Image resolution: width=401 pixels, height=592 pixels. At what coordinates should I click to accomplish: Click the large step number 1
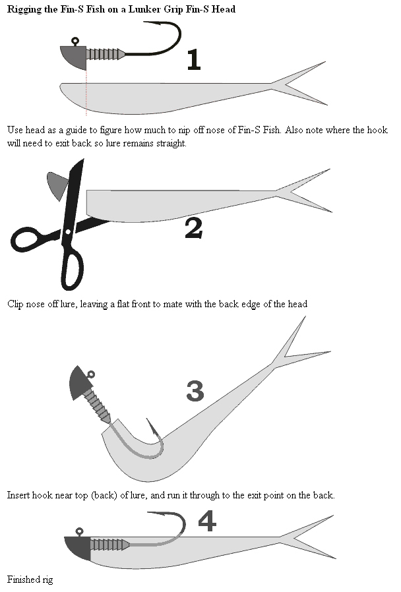coord(193,60)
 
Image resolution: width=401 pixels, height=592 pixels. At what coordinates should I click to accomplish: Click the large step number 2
coord(193,228)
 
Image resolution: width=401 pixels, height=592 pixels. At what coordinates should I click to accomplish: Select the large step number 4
coord(206,521)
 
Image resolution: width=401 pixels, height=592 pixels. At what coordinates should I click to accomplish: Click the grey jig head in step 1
coord(74,59)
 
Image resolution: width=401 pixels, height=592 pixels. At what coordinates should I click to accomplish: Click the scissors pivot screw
coord(67,232)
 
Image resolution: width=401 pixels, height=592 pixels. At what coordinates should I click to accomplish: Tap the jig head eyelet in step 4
coord(79,531)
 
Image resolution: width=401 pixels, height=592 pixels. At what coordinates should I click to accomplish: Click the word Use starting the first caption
coord(15,130)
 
